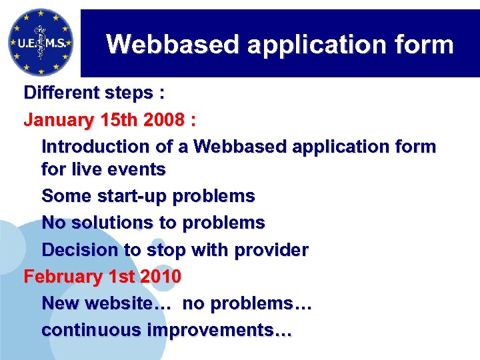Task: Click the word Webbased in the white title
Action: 172,45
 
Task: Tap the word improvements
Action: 220,330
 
